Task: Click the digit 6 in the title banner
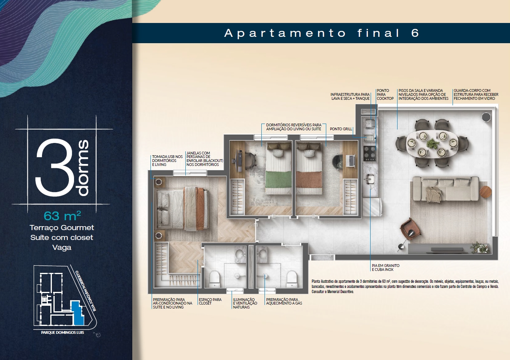pyautogui.click(x=415, y=33)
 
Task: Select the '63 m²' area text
pyautogui.click(x=62, y=216)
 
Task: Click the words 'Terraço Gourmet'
pyautogui.click(x=62, y=227)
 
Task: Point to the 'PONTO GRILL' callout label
pyautogui.click(x=341, y=129)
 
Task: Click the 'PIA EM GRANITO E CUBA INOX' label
pyautogui.click(x=385, y=268)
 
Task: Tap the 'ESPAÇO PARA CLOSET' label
pyautogui.click(x=210, y=301)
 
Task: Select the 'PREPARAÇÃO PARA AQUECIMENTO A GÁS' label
pyautogui.click(x=284, y=301)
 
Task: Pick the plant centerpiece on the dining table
pyautogui.click(x=432, y=144)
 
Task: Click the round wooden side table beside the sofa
pyautogui.click(x=485, y=192)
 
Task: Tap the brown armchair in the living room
pyautogui.click(x=410, y=229)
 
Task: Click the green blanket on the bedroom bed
pyautogui.click(x=278, y=179)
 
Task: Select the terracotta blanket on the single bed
pyautogui.click(x=309, y=180)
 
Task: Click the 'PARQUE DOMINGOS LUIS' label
pyautogui.click(x=63, y=332)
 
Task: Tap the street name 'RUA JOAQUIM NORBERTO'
pyautogui.click(x=86, y=291)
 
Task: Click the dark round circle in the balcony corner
pyautogui.click(x=486, y=117)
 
